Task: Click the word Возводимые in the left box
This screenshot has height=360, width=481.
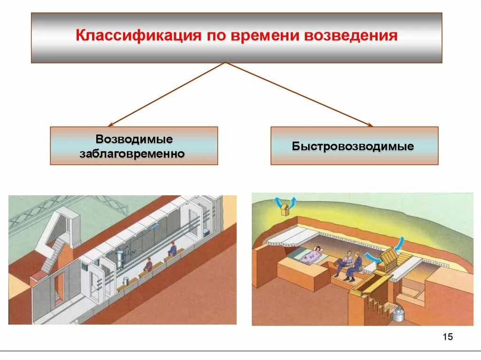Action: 134,139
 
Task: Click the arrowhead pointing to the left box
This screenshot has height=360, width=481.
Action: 110,125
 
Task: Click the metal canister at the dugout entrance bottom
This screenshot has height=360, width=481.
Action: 398,314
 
